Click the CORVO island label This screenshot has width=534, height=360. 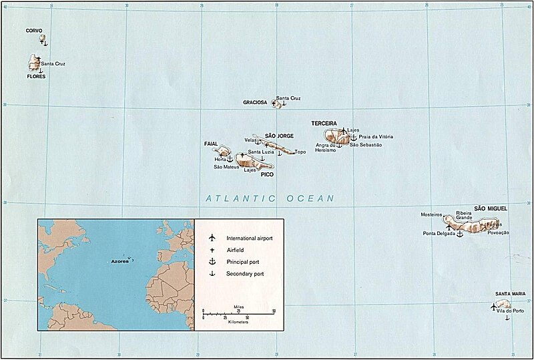pos(35,31)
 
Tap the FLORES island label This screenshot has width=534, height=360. pos(36,77)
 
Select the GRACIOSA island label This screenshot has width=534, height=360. pos(256,103)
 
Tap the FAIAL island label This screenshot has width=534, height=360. pos(211,144)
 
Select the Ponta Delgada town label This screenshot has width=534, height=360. pos(439,234)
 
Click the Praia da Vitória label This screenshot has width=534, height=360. pos(376,137)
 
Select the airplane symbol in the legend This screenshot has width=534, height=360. pos(211,238)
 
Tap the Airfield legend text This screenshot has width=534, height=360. pos(236,250)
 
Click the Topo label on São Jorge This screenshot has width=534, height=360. pos(300,152)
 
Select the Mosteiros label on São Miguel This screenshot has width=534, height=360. pos(432,214)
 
